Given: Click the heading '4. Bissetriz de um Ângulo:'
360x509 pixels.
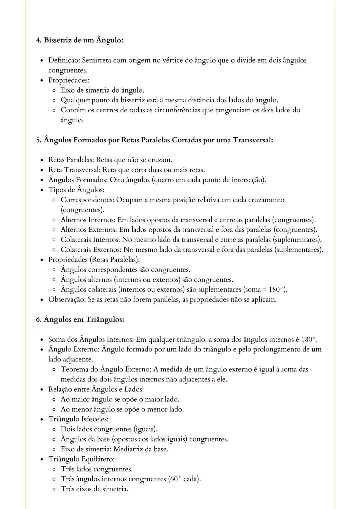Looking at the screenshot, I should click(x=79, y=40).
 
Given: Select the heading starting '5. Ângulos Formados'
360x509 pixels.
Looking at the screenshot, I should click(x=154, y=140).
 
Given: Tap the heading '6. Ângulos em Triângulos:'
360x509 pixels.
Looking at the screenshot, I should click(x=80, y=319).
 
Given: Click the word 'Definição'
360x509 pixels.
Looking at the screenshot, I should click(x=64, y=60).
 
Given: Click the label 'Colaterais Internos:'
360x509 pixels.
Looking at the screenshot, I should click(x=90, y=240).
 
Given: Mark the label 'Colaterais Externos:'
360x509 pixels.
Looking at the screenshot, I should click(x=91, y=250).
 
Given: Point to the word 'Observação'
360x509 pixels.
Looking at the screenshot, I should click(x=67, y=299).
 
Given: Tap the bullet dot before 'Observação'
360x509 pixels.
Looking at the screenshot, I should click(x=42, y=300).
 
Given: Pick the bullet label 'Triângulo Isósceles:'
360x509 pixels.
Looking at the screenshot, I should click(x=78, y=419).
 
